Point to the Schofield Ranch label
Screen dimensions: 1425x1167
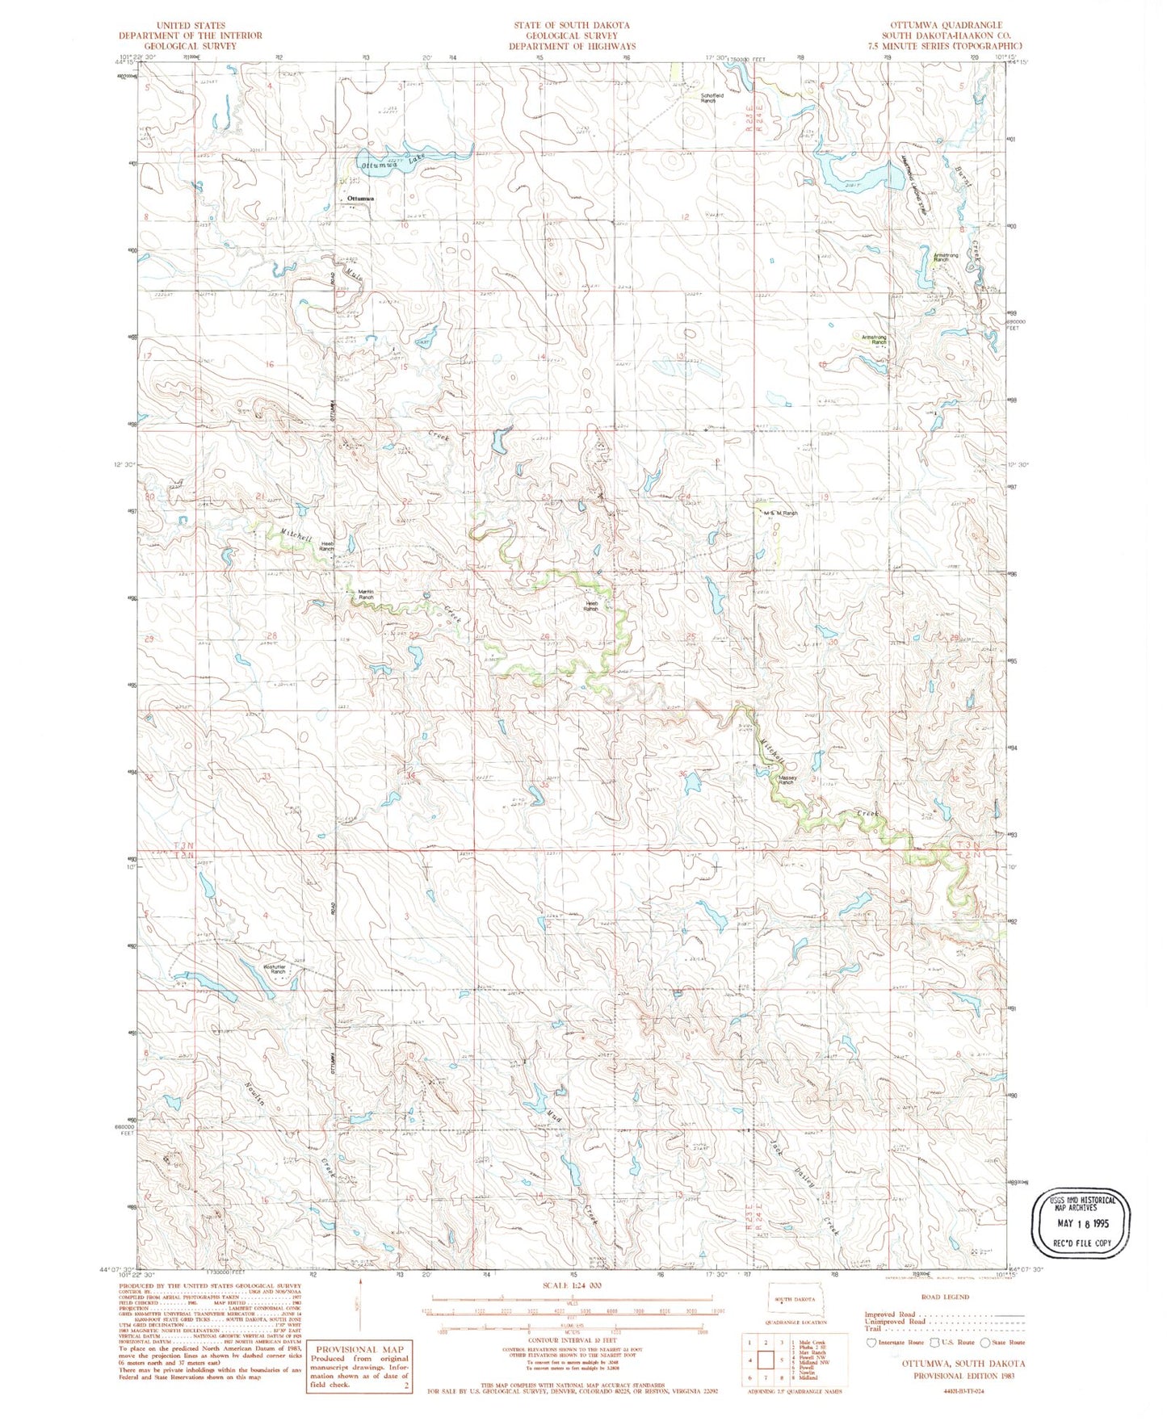coord(707,98)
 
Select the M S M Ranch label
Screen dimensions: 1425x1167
coord(780,513)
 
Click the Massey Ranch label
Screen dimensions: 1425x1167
coord(786,780)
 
